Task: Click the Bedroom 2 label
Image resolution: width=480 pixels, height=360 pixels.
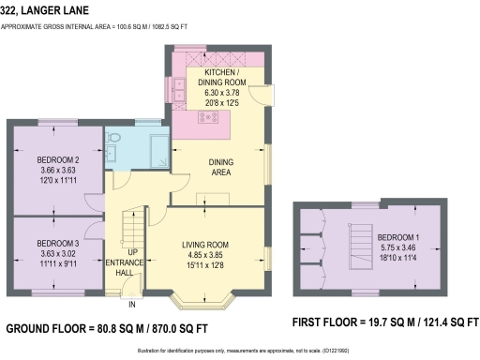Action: (55, 158)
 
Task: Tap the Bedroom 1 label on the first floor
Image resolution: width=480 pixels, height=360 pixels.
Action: (397, 237)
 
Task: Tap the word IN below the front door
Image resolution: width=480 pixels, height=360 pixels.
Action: (131, 305)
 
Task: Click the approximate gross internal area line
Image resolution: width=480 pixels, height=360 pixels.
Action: (109, 27)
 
